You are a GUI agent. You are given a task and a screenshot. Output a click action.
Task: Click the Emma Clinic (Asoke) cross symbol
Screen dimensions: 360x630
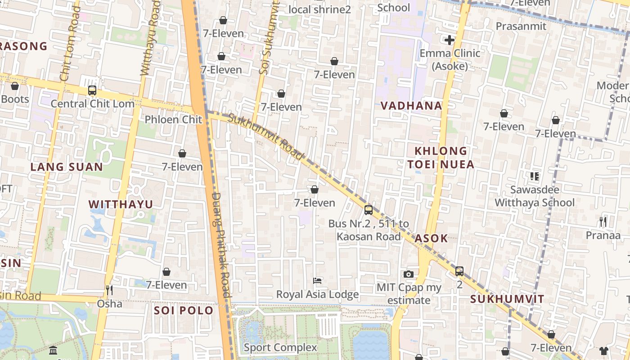pyautogui.click(x=449, y=40)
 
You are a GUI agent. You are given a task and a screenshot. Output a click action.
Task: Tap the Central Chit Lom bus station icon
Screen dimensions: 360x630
pyautogui.click(x=92, y=90)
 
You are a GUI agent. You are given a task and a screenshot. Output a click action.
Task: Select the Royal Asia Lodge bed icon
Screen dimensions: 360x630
pyautogui.click(x=317, y=281)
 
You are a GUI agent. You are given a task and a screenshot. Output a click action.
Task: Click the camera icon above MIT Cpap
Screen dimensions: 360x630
pyautogui.click(x=409, y=274)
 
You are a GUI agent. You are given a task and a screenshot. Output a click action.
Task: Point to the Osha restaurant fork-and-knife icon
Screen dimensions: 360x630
pyautogui.click(x=108, y=290)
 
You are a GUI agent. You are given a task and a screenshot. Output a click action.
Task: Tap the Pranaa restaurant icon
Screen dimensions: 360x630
pyautogui.click(x=603, y=221)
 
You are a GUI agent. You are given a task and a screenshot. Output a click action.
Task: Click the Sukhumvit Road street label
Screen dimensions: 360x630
pyautogui.click(x=266, y=137)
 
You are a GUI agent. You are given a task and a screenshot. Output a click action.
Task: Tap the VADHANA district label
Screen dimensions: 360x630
pyautogui.click(x=411, y=106)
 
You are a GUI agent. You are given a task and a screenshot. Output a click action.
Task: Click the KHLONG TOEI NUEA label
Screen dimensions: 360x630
pyautogui.click(x=441, y=157)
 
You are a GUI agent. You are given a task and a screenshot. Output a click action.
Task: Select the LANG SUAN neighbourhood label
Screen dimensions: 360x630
pyautogui.click(x=67, y=167)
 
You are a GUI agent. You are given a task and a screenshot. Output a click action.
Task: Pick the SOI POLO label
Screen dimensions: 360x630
pyautogui.click(x=184, y=310)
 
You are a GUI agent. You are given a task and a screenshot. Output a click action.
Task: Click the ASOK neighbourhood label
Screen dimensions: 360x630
pyautogui.click(x=431, y=238)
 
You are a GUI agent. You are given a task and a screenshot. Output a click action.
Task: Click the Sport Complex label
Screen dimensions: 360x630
pyautogui.click(x=280, y=347)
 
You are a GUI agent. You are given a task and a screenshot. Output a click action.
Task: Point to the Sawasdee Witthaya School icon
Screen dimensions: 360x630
pyautogui.click(x=535, y=176)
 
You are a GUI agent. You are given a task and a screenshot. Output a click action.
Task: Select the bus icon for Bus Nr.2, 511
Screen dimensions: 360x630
pyautogui.click(x=368, y=210)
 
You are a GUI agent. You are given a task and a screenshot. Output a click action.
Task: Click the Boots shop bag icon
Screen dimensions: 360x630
pyautogui.click(x=15, y=86)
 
